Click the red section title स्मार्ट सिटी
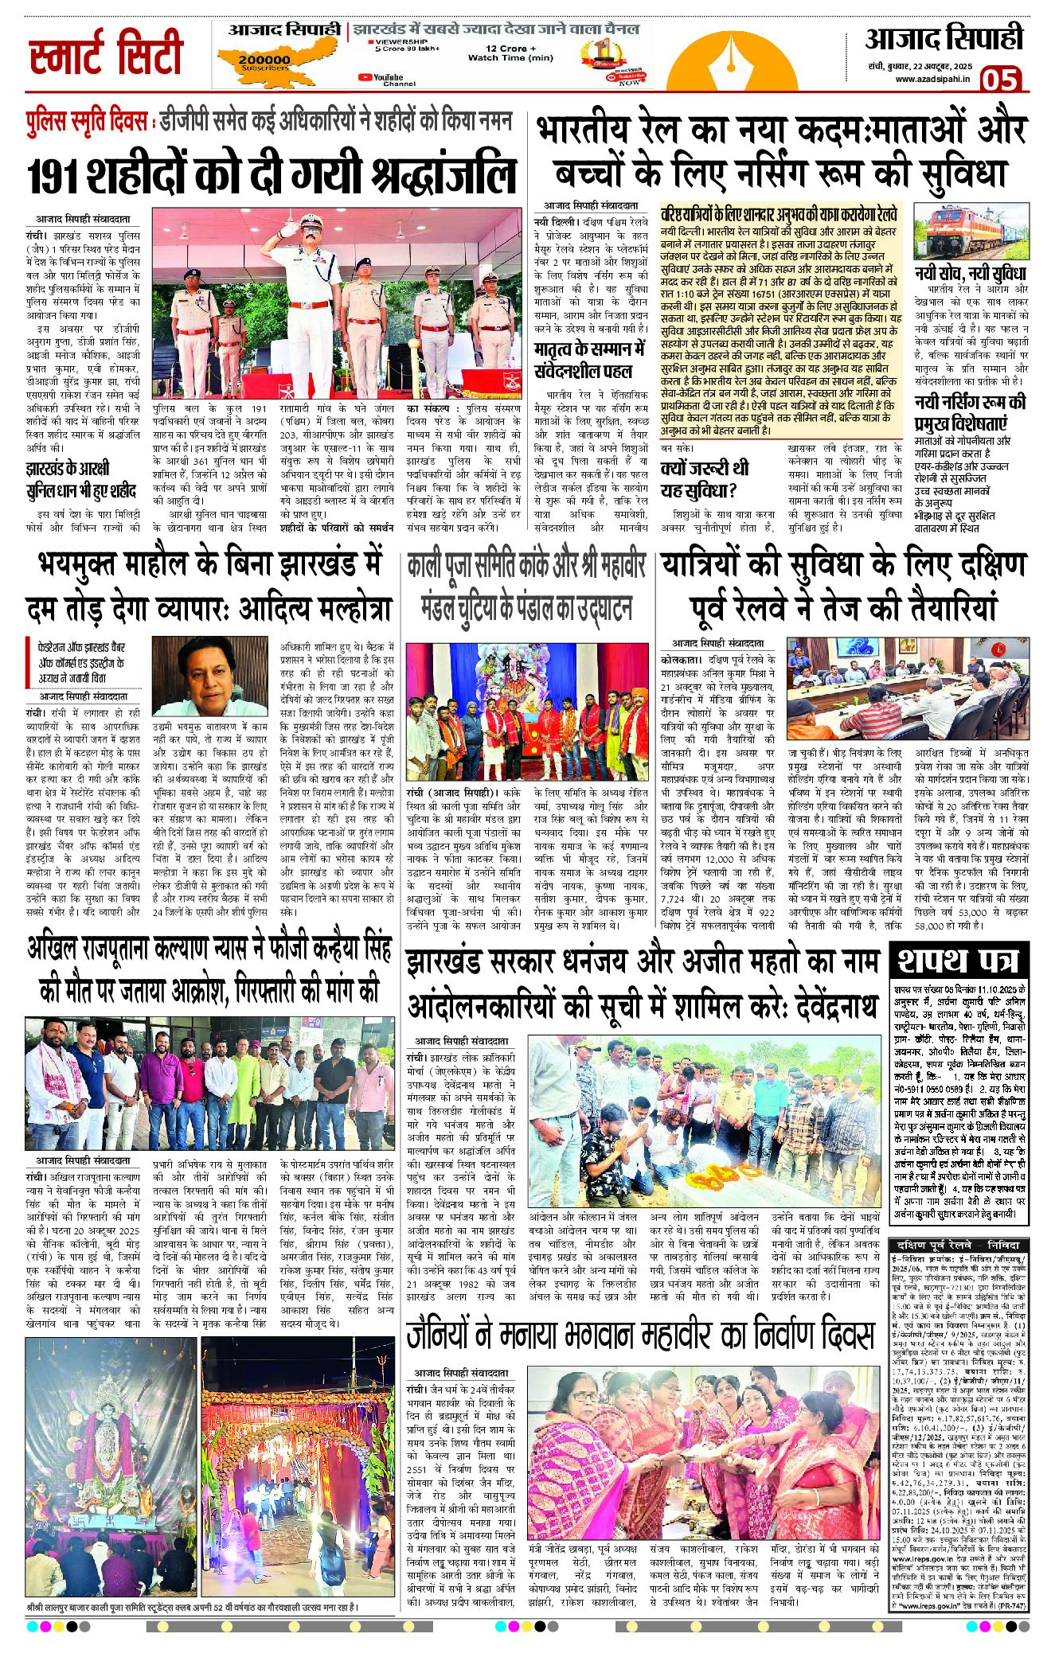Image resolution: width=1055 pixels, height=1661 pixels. pyautogui.click(x=106, y=53)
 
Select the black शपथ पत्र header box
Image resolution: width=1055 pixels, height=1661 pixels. pyautogui.click(x=959, y=960)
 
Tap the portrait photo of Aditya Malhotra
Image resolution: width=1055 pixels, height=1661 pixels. pyautogui.click(x=209, y=676)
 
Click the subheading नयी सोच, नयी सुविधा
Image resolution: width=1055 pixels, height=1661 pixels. pyautogui.click(x=969, y=274)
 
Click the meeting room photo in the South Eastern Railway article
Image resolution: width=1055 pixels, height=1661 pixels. pyautogui.click(x=908, y=688)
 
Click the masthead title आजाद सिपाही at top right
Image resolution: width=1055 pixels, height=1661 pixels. pyautogui.click(x=944, y=38)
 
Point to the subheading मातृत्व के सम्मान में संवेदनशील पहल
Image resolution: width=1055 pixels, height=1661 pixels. pyautogui.click(x=590, y=360)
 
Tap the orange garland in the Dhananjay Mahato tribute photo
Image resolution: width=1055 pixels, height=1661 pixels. pyautogui.click(x=717, y=1175)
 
